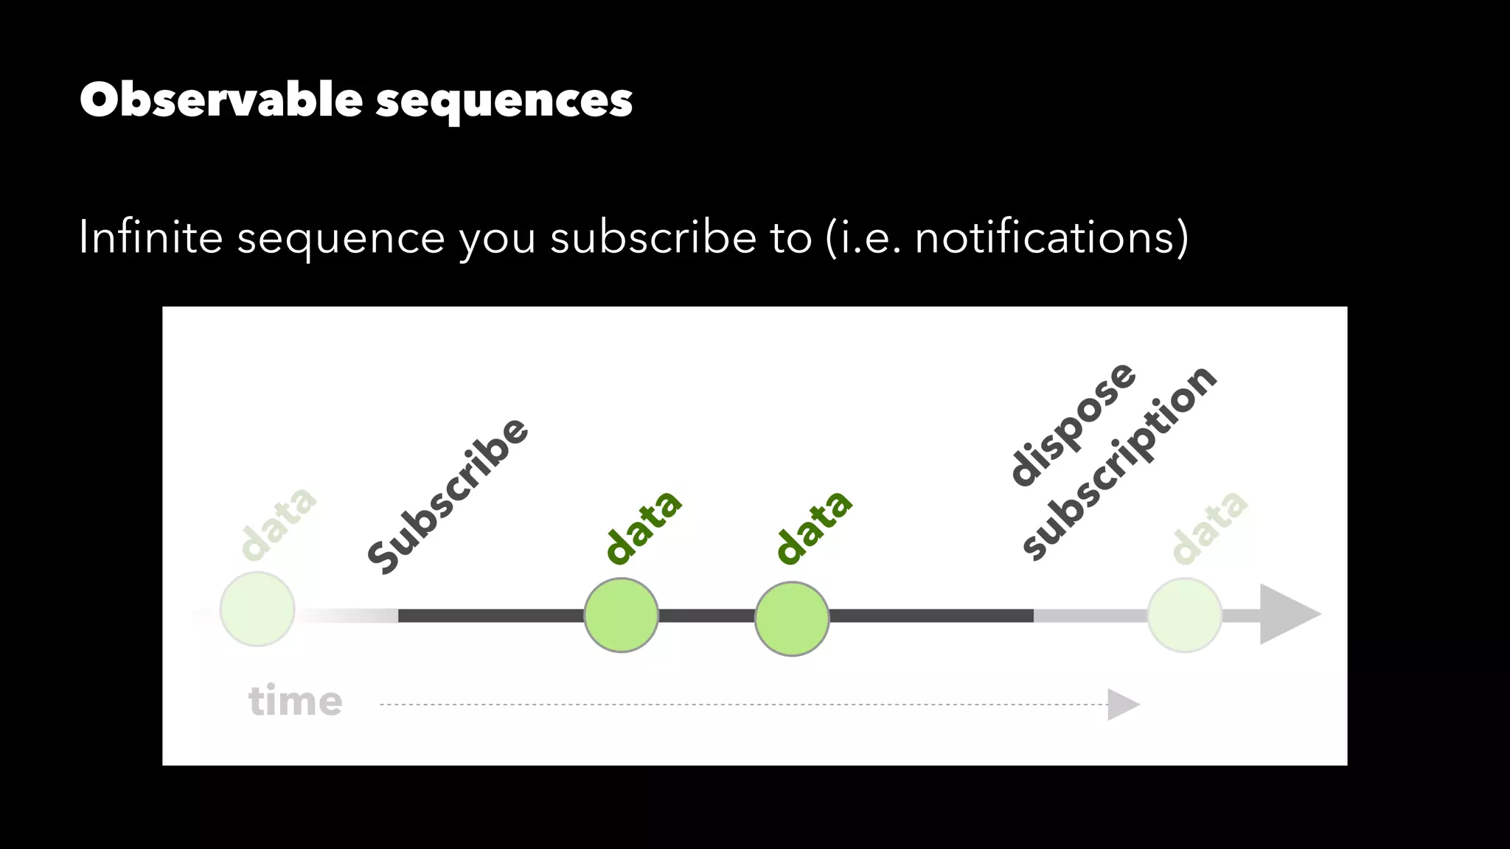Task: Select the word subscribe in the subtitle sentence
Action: coord(653,237)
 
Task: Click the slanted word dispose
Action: coord(1073,424)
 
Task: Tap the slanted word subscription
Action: coord(1119,463)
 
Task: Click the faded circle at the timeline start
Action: coord(257,609)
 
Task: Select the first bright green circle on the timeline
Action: coord(621,615)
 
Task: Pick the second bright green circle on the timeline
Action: coord(792,619)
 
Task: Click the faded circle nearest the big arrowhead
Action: coord(1184,615)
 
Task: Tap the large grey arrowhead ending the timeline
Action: coord(1287,614)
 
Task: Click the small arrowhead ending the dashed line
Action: coord(1122,705)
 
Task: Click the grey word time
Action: coord(295,700)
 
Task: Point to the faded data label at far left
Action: coord(279,523)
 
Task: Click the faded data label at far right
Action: coord(1209,526)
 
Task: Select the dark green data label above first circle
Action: coord(643,527)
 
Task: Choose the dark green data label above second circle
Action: coord(814,527)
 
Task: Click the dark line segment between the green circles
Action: coord(706,615)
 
